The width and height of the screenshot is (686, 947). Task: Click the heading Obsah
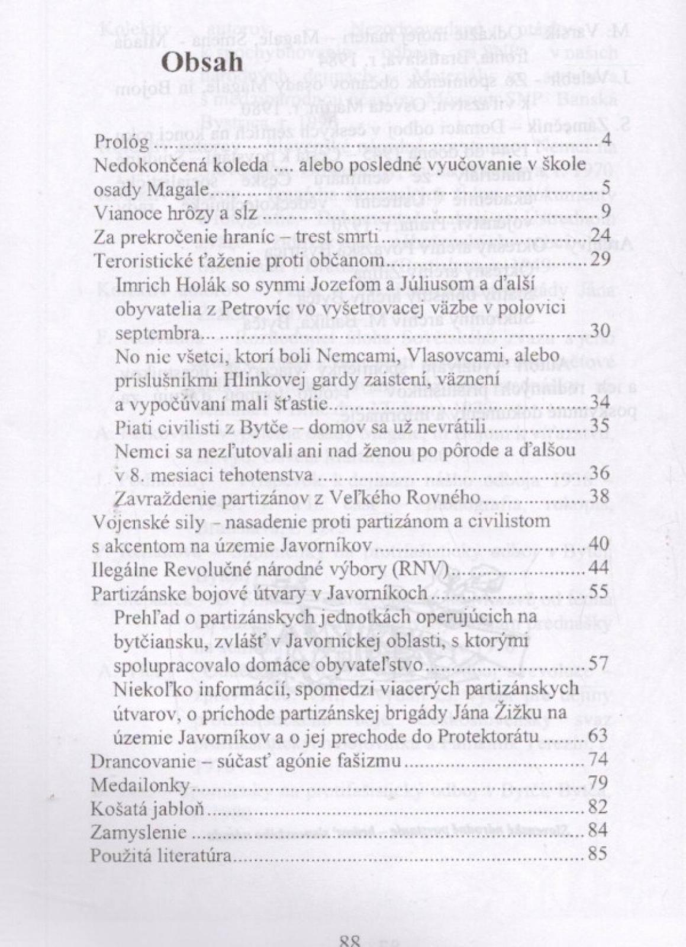202,62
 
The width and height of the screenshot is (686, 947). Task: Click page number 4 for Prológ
604,142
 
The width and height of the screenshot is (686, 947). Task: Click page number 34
600,404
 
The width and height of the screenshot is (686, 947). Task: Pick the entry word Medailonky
140,785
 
